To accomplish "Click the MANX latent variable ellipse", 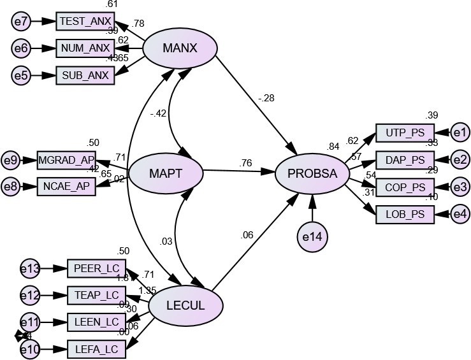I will point(180,47).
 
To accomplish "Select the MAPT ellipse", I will point(165,173).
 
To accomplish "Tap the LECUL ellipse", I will point(185,306).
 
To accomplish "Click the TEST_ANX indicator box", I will point(85,21).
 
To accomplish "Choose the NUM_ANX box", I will point(85,48).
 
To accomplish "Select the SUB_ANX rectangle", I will point(85,75).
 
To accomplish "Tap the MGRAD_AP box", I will point(66,159).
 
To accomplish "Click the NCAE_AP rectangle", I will point(66,185).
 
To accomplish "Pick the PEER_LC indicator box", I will point(97,268).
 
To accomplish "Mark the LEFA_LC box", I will point(97,349).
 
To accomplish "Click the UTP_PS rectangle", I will point(405,133).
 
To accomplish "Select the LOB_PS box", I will point(405,215).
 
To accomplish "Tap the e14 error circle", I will point(313,236).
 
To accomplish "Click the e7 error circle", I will point(22,22).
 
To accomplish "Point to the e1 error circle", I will point(460,133).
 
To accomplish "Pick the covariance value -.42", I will point(157,115).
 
